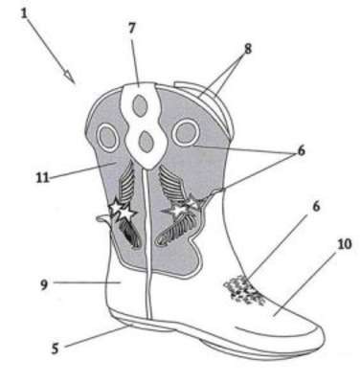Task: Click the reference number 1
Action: pyautogui.click(x=24, y=13)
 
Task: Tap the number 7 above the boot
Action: pyautogui.click(x=132, y=28)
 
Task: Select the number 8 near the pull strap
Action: pyautogui.click(x=247, y=49)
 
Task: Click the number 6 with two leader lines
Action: pyautogui.click(x=301, y=150)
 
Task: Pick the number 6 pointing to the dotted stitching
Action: pyautogui.click(x=316, y=206)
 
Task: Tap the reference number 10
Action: pyautogui.click(x=344, y=244)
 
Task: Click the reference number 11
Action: pyautogui.click(x=43, y=178)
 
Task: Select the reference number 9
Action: pyautogui.click(x=44, y=284)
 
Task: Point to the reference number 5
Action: pyautogui.click(x=55, y=349)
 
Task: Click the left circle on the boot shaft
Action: pyautogui.click(x=108, y=137)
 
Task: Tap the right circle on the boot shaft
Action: pyautogui.click(x=187, y=132)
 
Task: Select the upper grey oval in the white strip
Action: pyautogui.click(x=140, y=106)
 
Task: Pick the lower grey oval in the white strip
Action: pyautogui.click(x=146, y=142)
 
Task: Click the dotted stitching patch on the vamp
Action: pyautogui.click(x=244, y=290)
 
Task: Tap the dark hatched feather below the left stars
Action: pyautogui.click(x=131, y=233)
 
